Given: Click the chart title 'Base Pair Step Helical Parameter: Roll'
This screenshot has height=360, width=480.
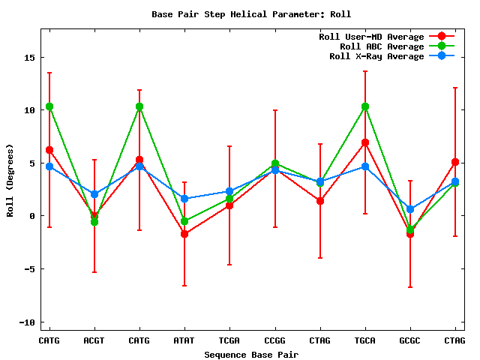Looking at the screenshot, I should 251,14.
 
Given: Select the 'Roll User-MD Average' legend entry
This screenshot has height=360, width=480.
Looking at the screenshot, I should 371,37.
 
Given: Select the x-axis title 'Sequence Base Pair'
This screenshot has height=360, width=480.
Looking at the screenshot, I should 251,355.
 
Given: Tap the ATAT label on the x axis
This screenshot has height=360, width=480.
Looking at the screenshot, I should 184,340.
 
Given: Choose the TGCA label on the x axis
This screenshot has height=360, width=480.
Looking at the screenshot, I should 364,340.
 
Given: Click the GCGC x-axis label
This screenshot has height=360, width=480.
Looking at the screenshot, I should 409,340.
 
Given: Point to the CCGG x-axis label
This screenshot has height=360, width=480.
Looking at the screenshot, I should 274,340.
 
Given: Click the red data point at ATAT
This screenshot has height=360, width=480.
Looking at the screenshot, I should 184,234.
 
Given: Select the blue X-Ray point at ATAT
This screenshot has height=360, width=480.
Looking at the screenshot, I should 184,199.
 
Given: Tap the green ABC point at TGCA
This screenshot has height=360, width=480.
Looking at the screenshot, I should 365,106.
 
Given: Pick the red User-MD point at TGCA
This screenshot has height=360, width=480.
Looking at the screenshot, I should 365,142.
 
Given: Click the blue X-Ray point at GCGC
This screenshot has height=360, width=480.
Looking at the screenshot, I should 410,209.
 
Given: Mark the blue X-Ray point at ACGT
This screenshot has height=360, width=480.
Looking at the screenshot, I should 94,194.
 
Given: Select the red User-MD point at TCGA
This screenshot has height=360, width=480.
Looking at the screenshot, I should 229,205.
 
